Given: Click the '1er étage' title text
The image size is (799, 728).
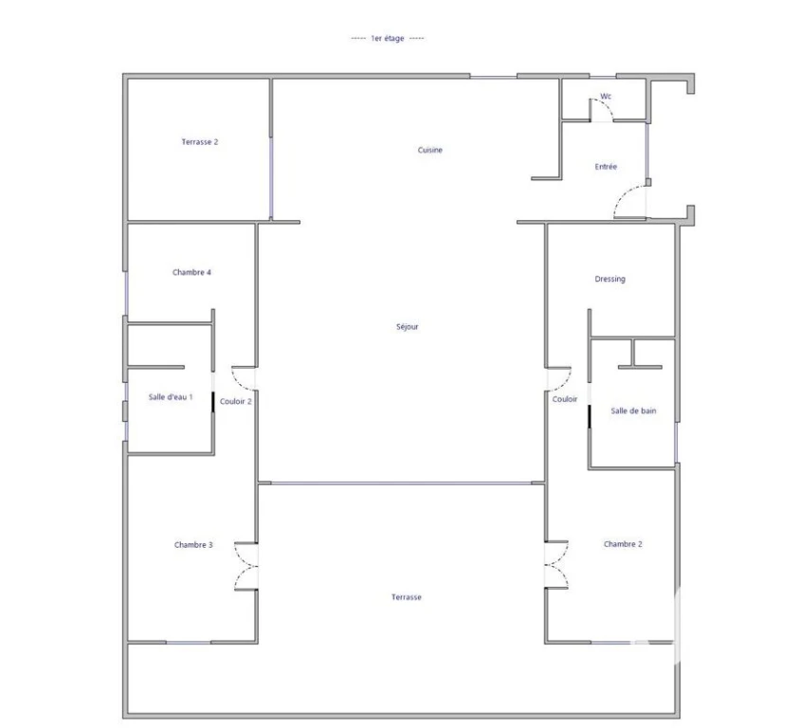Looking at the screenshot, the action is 388,38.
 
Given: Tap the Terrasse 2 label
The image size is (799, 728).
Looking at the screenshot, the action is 200,142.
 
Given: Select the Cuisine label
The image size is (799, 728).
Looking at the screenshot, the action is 430,150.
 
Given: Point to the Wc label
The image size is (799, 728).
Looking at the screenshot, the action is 606,96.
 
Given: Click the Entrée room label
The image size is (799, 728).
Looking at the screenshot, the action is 606,166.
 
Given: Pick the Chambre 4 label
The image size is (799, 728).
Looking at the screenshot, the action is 191,272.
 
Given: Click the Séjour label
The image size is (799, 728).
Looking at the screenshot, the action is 408,327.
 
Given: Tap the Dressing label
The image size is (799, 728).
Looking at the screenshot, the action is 610,279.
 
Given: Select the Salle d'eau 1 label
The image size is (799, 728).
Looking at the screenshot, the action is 171,396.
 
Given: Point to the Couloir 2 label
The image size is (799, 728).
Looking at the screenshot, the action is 235,401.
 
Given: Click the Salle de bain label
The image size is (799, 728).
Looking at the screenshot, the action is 633,410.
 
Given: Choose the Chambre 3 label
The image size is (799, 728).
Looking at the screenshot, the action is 193,544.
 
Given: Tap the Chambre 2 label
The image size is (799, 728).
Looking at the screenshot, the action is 623,544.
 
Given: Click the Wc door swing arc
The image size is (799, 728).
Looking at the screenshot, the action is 607,104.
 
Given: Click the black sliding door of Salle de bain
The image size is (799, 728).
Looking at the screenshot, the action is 590,416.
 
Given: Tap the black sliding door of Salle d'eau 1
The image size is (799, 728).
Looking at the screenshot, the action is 213,402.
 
